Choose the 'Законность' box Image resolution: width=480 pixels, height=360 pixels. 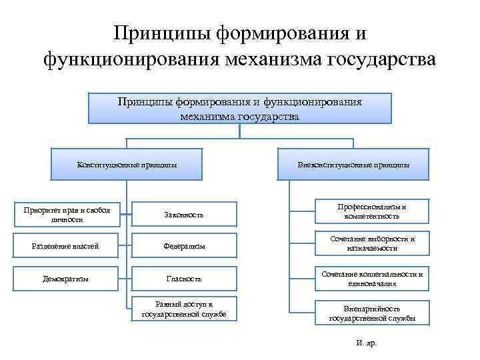183,215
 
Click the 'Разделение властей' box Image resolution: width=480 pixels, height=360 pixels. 65,247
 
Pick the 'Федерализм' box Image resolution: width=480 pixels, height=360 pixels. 184,247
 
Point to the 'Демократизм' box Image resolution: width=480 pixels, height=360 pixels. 65,278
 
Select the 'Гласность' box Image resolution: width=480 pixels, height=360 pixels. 184,278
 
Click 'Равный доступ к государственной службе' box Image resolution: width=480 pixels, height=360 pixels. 184,309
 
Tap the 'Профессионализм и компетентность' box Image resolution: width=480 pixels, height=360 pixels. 372,212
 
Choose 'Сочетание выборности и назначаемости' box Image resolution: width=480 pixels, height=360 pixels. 372,243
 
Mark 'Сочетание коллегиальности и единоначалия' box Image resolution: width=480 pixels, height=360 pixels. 372,278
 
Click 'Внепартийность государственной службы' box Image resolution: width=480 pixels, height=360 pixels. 372,313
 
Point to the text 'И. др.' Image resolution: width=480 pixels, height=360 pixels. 367,342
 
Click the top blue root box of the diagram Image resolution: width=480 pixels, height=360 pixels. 239,108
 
